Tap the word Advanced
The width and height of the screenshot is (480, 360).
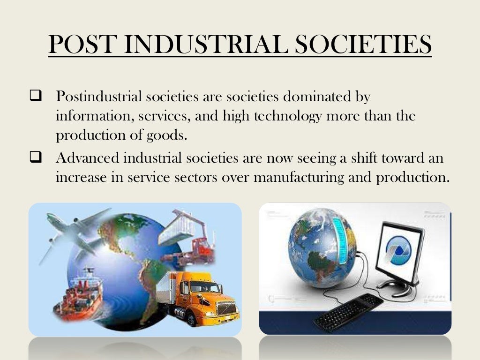(88, 158)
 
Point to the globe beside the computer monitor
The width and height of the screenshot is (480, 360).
(319, 247)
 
